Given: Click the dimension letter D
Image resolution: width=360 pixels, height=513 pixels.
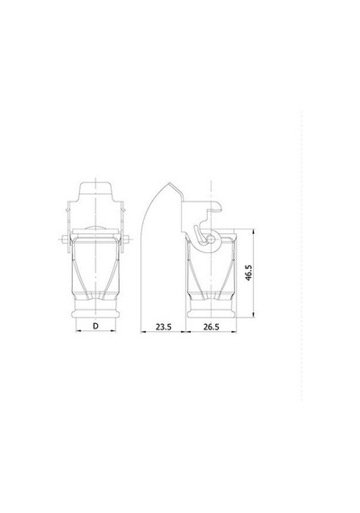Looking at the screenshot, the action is [95, 326].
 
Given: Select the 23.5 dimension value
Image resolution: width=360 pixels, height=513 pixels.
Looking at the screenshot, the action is [163, 327].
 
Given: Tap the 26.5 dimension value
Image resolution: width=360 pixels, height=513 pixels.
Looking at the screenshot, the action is [211, 327].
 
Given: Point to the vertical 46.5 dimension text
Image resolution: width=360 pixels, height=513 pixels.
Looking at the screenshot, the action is [248, 273].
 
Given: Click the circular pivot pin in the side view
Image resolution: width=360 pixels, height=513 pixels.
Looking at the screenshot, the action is [211, 239].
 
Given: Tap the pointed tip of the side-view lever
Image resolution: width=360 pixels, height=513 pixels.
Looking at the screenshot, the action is [169, 184].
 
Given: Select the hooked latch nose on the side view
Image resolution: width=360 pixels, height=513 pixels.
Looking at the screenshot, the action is [217, 206].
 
